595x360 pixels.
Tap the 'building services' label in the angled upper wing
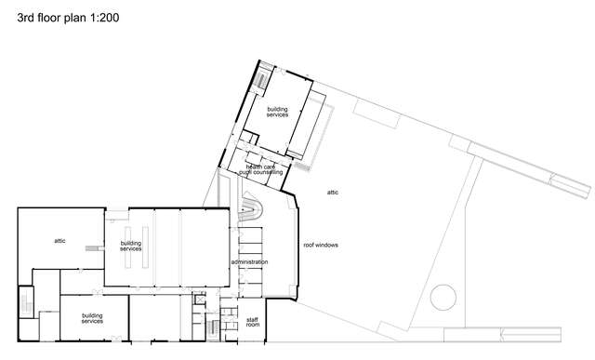(278, 113)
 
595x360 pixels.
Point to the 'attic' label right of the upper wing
(333, 193)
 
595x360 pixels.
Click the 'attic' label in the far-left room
(59, 241)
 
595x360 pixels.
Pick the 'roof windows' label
(321, 245)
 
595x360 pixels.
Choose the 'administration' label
(249, 262)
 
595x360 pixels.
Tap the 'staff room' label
(252, 323)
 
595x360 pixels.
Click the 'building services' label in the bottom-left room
(91, 318)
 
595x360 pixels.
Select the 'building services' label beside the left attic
(131, 247)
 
